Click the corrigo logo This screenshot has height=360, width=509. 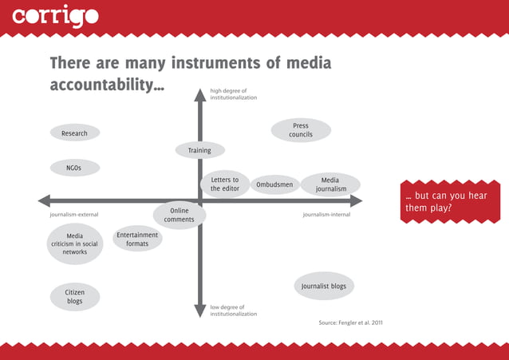coord(56,16)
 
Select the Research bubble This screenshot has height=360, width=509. coord(74,133)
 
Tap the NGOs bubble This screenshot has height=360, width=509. coord(74,168)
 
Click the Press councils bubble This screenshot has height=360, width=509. coord(301,130)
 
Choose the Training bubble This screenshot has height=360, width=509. coord(199,150)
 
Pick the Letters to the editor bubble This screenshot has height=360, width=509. coord(225,184)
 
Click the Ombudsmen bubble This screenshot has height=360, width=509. coord(274,185)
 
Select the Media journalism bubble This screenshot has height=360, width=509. coord(330,184)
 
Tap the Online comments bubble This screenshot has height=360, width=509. coord(180,215)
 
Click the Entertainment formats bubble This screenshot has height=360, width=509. coord(137,239)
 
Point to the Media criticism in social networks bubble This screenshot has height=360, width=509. coord(75,243)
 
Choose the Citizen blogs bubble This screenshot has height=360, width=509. coord(75,297)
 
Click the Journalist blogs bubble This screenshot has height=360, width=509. coord(323,286)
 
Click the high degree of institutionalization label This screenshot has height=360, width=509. coord(233,94)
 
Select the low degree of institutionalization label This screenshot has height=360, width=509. coord(233,311)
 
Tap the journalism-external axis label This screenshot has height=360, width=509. coord(74,215)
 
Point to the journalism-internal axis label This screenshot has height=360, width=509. coord(326,215)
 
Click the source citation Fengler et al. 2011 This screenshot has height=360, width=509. coord(351,323)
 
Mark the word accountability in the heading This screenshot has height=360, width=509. coord(101,85)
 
